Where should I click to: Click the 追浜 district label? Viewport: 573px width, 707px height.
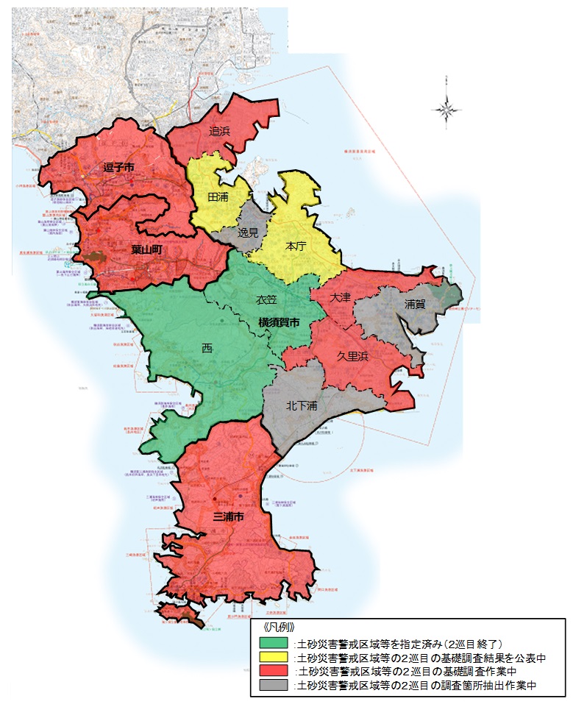[x=219, y=132]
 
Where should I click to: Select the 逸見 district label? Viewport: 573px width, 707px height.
[x=249, y=231]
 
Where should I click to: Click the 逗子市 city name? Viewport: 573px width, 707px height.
[x=118, y=168]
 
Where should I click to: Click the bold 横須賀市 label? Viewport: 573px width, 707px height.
[x=279, y=322]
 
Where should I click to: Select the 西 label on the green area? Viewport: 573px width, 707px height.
[x=207, y=347]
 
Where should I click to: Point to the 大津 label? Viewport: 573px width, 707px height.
[x=341, y=297]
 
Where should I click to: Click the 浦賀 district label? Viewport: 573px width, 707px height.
[x=415, y=303]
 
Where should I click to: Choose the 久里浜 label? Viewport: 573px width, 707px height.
[x=353, y=355]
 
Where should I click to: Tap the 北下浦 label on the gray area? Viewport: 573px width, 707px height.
[x=302, y=405]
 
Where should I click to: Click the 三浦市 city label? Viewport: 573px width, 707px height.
[x=228, y=517]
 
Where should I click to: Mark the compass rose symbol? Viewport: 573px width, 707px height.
[x=446, y=109]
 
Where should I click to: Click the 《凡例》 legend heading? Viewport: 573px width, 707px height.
[x=277, y=628]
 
